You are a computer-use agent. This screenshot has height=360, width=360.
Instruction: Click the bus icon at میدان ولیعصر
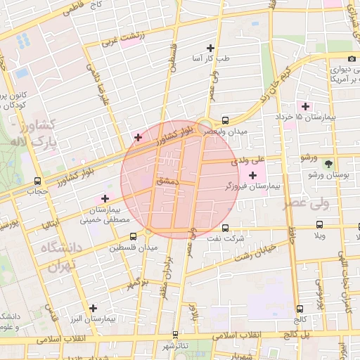point(225,120)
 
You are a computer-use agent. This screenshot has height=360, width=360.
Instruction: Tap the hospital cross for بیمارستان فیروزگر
point(252,174)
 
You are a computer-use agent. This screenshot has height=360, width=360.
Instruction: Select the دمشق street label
point(168,181)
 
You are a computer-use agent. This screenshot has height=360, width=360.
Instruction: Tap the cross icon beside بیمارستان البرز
point(93,307)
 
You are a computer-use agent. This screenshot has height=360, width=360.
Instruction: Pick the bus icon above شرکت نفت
point(225,228)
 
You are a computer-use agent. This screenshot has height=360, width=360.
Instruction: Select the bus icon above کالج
point(301,308)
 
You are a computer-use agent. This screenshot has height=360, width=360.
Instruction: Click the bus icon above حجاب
point(36,180)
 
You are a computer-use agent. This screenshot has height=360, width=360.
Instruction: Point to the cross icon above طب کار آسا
point(210,48)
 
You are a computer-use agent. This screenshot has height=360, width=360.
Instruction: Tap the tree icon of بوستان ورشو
point(329,163)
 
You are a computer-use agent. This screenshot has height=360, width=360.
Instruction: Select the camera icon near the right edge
point(351,58)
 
